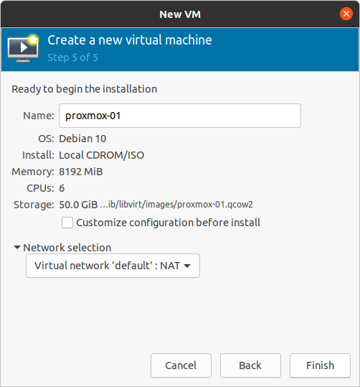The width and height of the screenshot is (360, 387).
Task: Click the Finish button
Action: pos(320,365)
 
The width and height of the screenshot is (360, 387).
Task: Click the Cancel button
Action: pos(181,365)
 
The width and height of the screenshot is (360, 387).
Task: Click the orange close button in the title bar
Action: pos(346,14)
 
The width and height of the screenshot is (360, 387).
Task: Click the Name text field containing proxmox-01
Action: pos(180,116)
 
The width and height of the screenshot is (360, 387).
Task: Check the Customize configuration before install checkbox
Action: pos(67,223)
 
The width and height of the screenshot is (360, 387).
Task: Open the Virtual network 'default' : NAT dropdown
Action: pos(113,266)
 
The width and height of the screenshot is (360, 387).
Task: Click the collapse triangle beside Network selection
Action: pos(17,247)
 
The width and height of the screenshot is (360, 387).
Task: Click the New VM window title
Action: pos(180,14)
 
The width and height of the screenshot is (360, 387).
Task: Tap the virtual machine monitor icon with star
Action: pos(23,48)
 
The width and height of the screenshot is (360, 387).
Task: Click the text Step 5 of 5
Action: pos(72,57)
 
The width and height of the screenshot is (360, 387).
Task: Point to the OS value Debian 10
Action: pos(82,139)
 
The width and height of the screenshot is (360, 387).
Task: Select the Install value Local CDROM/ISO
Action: pos(102,155)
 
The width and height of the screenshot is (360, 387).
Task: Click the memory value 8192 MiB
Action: pos(81,172)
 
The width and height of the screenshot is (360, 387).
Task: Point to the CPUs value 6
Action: pos(62,188)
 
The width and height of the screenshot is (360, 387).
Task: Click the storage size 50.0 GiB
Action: pos(78,205)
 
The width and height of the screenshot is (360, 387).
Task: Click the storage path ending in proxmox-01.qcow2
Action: pos(176,205)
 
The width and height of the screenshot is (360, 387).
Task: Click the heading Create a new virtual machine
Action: pos(130,40)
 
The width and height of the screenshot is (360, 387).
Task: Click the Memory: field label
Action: pos(33,172)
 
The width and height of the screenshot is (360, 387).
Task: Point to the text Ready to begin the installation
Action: pos(85,89)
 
